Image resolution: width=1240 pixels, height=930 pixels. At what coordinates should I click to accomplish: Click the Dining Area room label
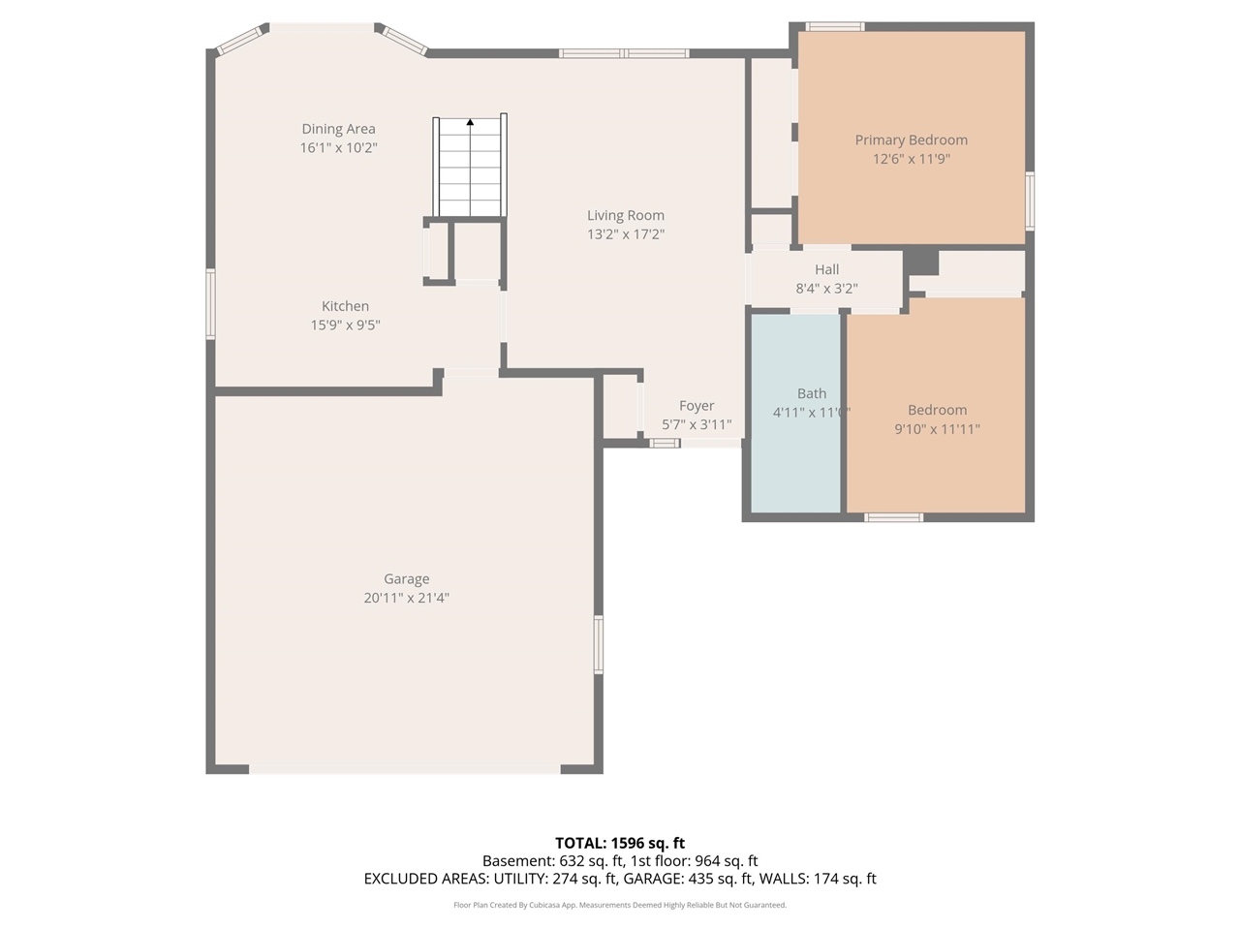[338, 129]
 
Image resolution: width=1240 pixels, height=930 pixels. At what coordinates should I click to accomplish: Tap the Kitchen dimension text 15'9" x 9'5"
[345, 325]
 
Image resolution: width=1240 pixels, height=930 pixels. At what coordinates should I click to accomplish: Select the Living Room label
[626, 216]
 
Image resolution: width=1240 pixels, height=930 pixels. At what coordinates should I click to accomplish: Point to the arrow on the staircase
[470, 122]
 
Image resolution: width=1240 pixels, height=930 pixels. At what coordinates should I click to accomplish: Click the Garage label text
[406, 579]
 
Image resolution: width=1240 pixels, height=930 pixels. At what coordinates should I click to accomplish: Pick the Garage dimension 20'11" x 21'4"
[406, 599]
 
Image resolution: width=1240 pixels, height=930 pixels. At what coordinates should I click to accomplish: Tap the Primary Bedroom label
[911, 140]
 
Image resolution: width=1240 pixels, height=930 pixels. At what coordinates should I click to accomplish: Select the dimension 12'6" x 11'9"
[911, 159]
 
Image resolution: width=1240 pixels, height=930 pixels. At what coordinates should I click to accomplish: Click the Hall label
[826, 270]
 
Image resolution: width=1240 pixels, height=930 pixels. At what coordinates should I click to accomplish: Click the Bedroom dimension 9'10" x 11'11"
[937, 429]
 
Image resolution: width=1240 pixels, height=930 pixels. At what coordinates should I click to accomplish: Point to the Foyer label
[697, 406]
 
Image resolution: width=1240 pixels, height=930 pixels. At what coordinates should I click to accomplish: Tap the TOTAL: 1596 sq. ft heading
[620, 843]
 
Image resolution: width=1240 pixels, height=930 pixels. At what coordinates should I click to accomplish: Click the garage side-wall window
[599, 644]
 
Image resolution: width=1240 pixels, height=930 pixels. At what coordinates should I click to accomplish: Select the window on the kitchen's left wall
[210, 304]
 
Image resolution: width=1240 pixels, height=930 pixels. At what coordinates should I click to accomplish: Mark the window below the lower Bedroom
[893, 517]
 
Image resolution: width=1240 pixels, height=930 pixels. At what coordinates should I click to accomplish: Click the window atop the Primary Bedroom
[834, 26]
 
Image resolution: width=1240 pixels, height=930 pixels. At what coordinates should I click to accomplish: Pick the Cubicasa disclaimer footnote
[620, 905]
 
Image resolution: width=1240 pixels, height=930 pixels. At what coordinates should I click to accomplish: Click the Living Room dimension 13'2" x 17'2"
[626, 234]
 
